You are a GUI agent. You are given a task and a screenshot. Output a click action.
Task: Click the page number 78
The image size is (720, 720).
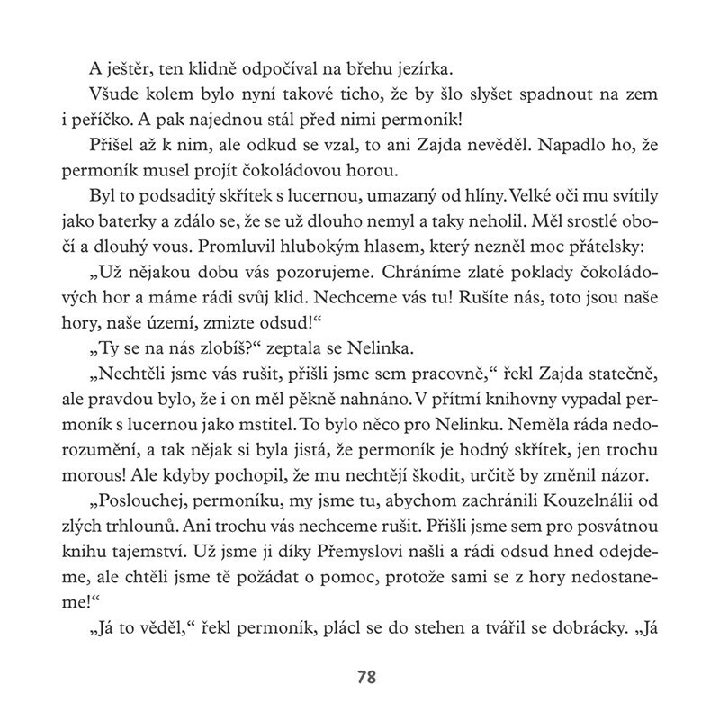[359, 675]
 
